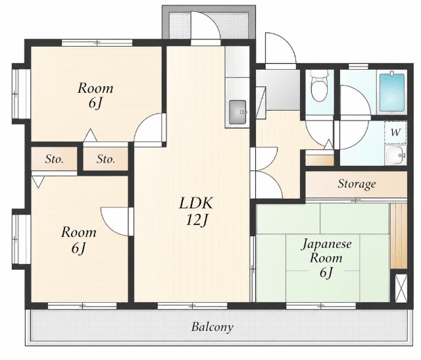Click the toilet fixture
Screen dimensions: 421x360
tap(320, 85)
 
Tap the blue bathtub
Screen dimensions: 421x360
tap(392, 92)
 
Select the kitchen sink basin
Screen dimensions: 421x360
tap(237, 112)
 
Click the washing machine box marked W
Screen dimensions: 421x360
tap(395, 132)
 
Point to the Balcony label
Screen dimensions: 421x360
tap(212, 327)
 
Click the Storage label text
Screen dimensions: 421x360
tap(357, 184)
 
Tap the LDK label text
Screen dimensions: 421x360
tap(196, 203)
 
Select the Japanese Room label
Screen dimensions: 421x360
tap(326, 251)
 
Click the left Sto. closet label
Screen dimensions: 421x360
tap(54, 159)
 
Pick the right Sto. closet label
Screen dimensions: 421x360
tap(106, 159)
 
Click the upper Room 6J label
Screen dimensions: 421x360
tap(95, 96)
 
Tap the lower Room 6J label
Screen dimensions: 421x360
tap(79, 240)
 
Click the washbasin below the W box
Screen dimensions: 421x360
tap(395, 155)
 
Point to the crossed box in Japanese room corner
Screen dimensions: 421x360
tap(401, 288)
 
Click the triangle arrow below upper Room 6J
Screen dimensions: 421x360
tap(90, 136)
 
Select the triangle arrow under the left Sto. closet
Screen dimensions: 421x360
tap(38, 182)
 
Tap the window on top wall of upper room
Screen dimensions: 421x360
tap(97, 42)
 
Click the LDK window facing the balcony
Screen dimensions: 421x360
tap(192, 306)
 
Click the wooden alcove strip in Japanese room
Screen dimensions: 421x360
tap(399, 236)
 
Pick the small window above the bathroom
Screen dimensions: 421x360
tap(358, 66)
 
